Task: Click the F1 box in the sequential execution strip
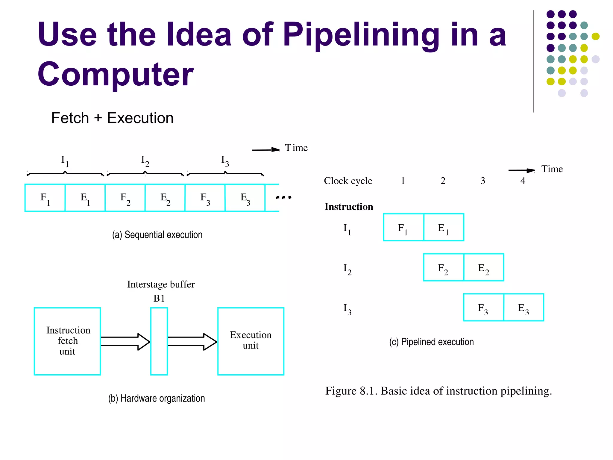click(x=45, y=198)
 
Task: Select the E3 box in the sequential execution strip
click(x=245, y=198)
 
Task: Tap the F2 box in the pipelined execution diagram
click(x=443, y=267)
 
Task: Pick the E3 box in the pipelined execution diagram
click(x=524, y=308)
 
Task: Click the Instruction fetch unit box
click(x=67, y=341)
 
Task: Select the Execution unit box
click(x=251, y=341)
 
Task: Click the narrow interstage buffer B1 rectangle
click(x=159, y=341)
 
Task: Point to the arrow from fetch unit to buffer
click(x=125, y=341)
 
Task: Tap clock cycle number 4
click(x=523, y=181)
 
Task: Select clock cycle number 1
click(x=403, y=181)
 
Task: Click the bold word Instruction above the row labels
click(x=349, y=207)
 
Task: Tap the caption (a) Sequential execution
click(x=157, y=234)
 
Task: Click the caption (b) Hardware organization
click(x=156, y=398)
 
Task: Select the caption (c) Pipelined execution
click(x=431, y=342)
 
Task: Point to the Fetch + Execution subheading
click(x=112, y=118)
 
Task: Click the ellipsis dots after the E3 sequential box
click(x=283, y=197)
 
